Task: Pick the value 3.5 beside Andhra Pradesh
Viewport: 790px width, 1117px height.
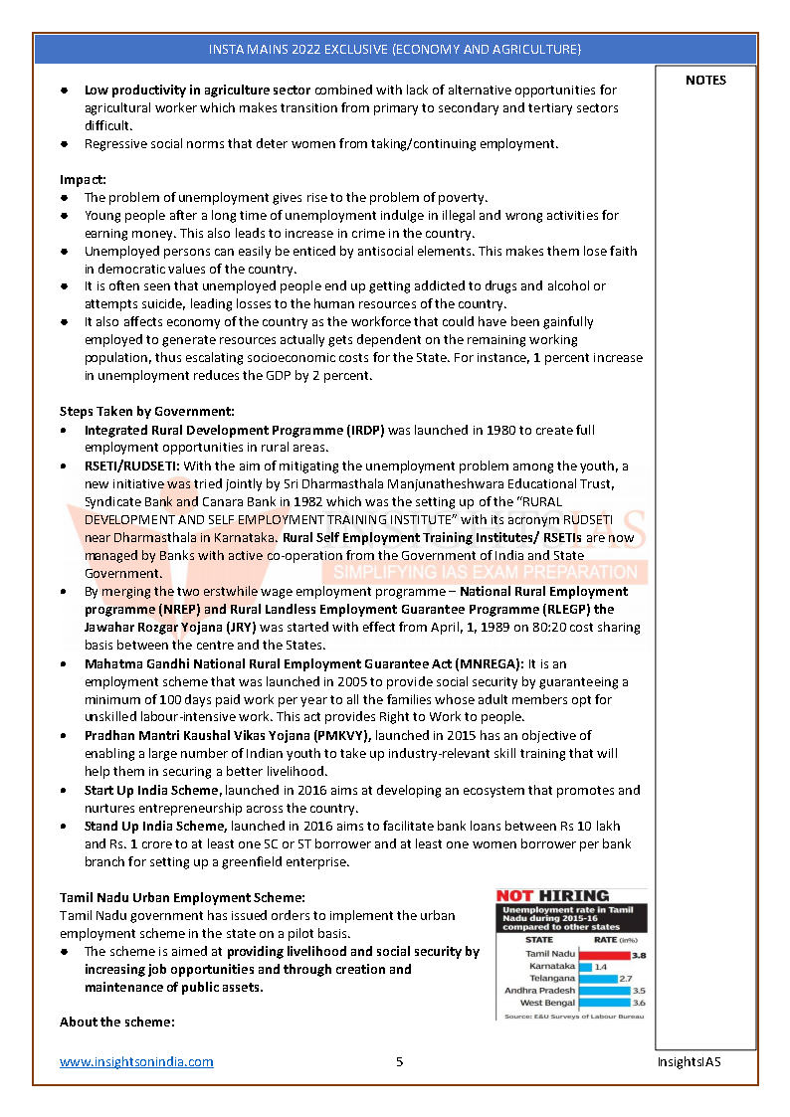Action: tap(638, 991)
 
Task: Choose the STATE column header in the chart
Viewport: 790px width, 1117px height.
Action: tap(539, 939)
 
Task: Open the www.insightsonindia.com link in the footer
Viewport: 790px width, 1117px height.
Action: tap(136, 1061)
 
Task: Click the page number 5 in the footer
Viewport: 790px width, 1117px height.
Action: tap(399, 1061)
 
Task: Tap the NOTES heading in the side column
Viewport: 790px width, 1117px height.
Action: tap(705, 81)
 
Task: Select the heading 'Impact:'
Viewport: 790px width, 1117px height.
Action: tap(83, 180)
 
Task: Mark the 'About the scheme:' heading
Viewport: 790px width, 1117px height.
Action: tap(116, 1023)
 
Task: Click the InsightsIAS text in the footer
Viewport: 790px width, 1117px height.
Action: tap(689, 1061)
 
